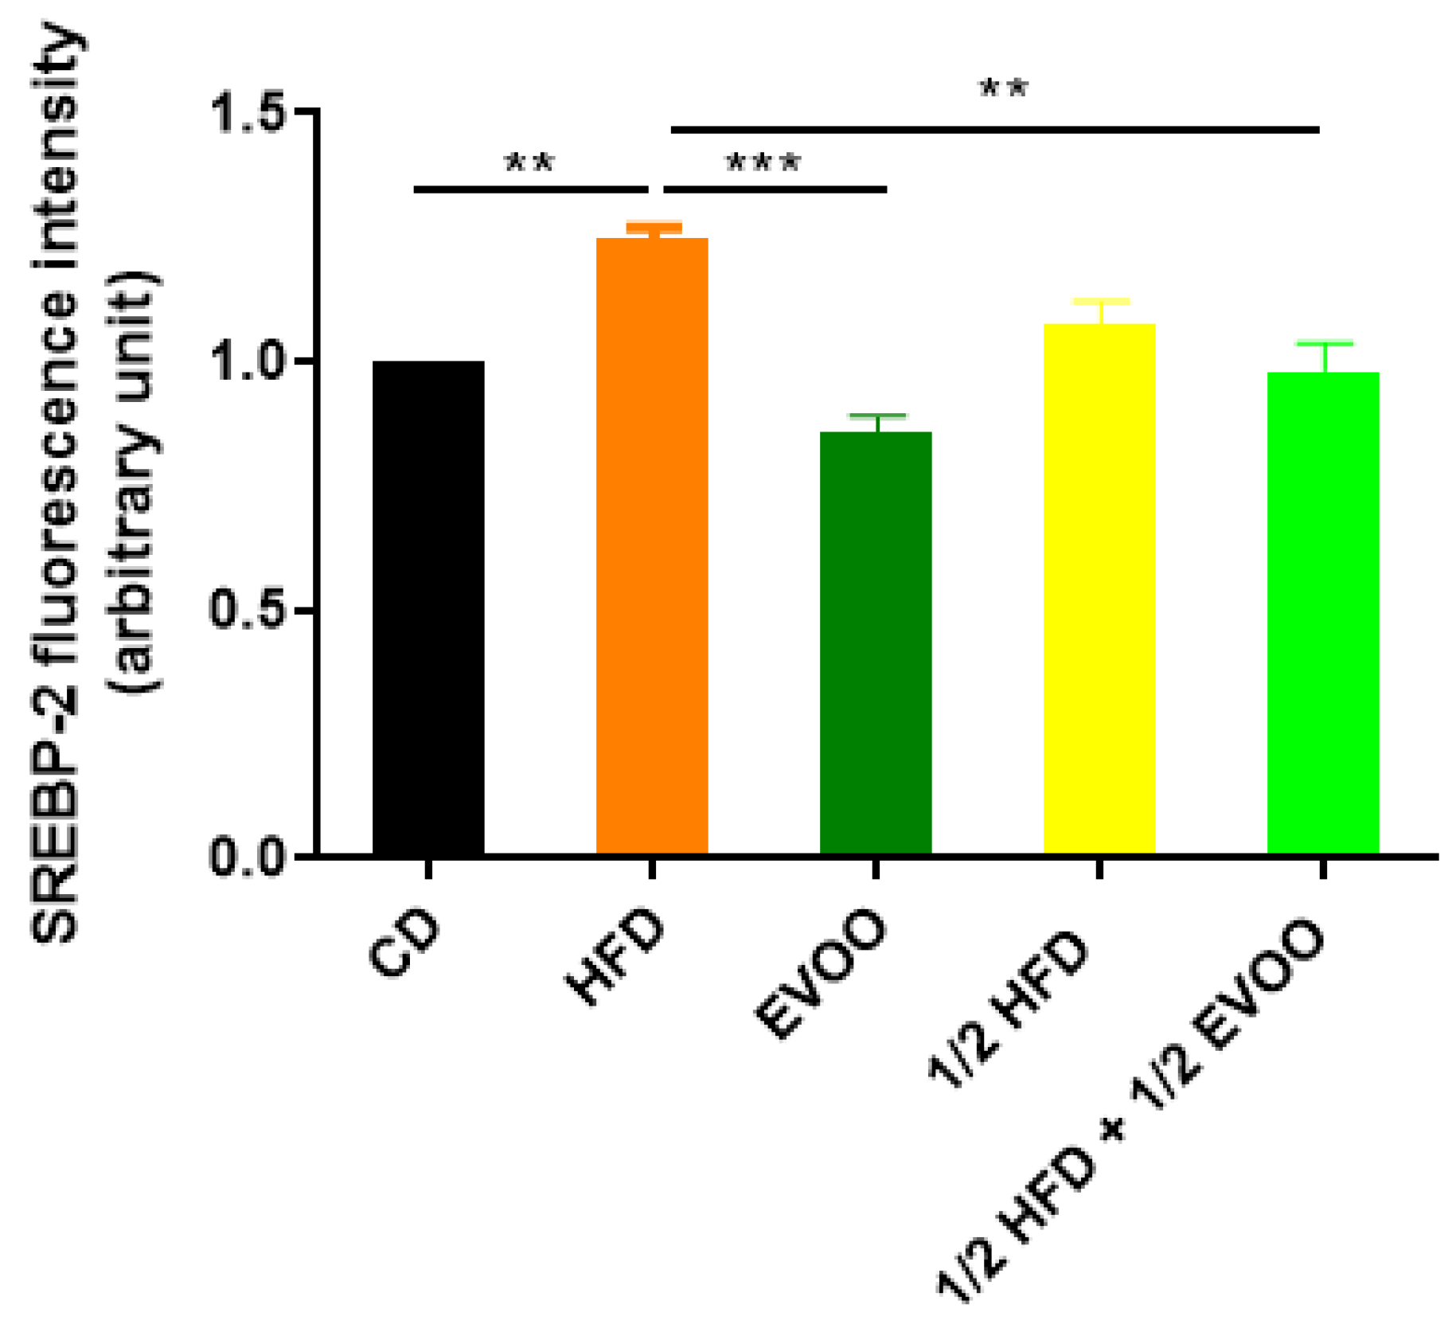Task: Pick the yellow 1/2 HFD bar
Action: coord(1099,588)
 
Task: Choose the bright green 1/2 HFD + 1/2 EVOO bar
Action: coord(1323,612)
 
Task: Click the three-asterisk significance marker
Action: coord(763,164)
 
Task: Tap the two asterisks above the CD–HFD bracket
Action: coord(530,164)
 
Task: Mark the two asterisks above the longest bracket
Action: coord(1004,88)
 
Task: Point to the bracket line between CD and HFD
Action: coord(530,189)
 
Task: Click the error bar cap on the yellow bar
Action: coord(1101,302)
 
